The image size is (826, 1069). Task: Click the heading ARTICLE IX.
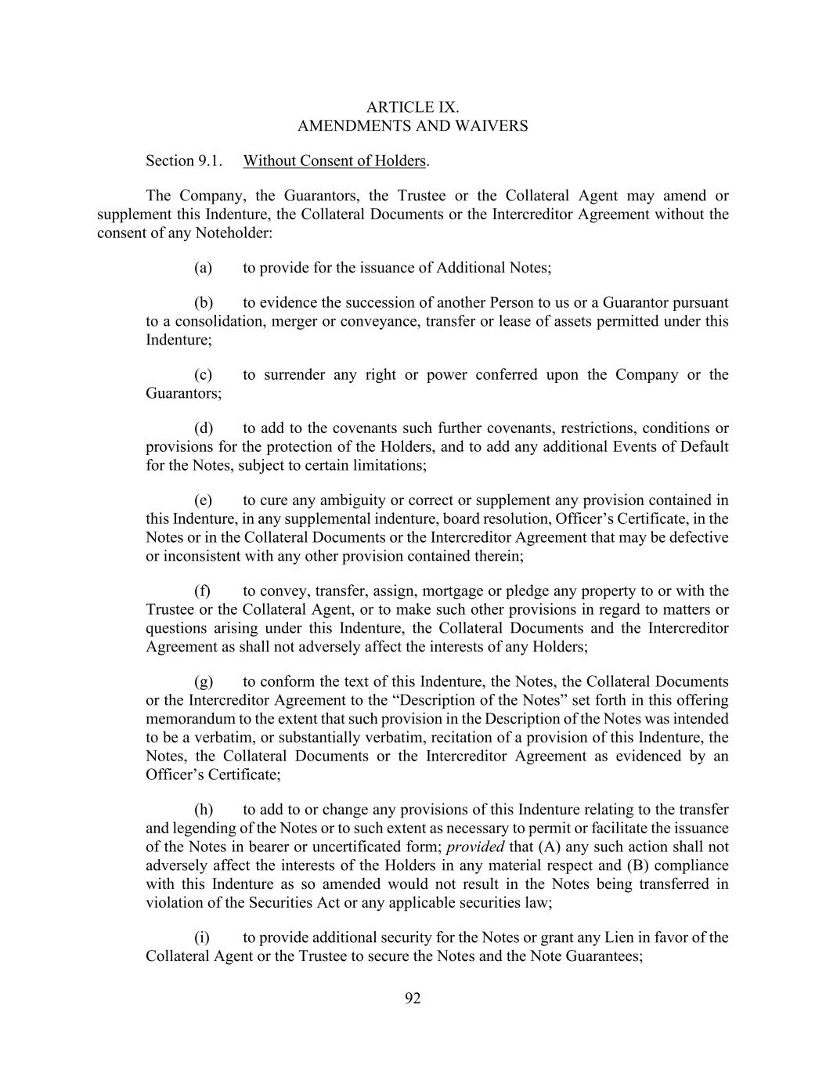(x=413, y=107)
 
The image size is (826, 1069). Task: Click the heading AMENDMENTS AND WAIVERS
(x=413, y=125)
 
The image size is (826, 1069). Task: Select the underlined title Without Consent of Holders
(x=334, y=161)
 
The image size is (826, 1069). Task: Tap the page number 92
(x=413, y=998)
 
